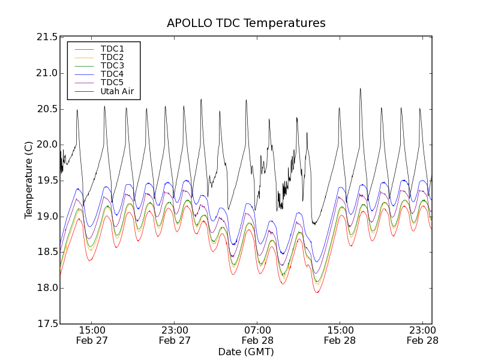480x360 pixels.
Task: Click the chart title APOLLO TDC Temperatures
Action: (x=246, y=23)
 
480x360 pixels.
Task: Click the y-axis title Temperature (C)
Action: (x=29, y=181)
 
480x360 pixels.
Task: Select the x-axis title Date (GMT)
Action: (x=246, y=352)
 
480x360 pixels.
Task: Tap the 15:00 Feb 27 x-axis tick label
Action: (x=92, y=335)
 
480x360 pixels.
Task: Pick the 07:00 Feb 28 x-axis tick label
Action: (x=257, y=335)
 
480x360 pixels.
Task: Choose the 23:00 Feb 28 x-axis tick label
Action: (x=422, y=335)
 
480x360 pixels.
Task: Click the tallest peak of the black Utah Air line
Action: (x=361, y=89)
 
